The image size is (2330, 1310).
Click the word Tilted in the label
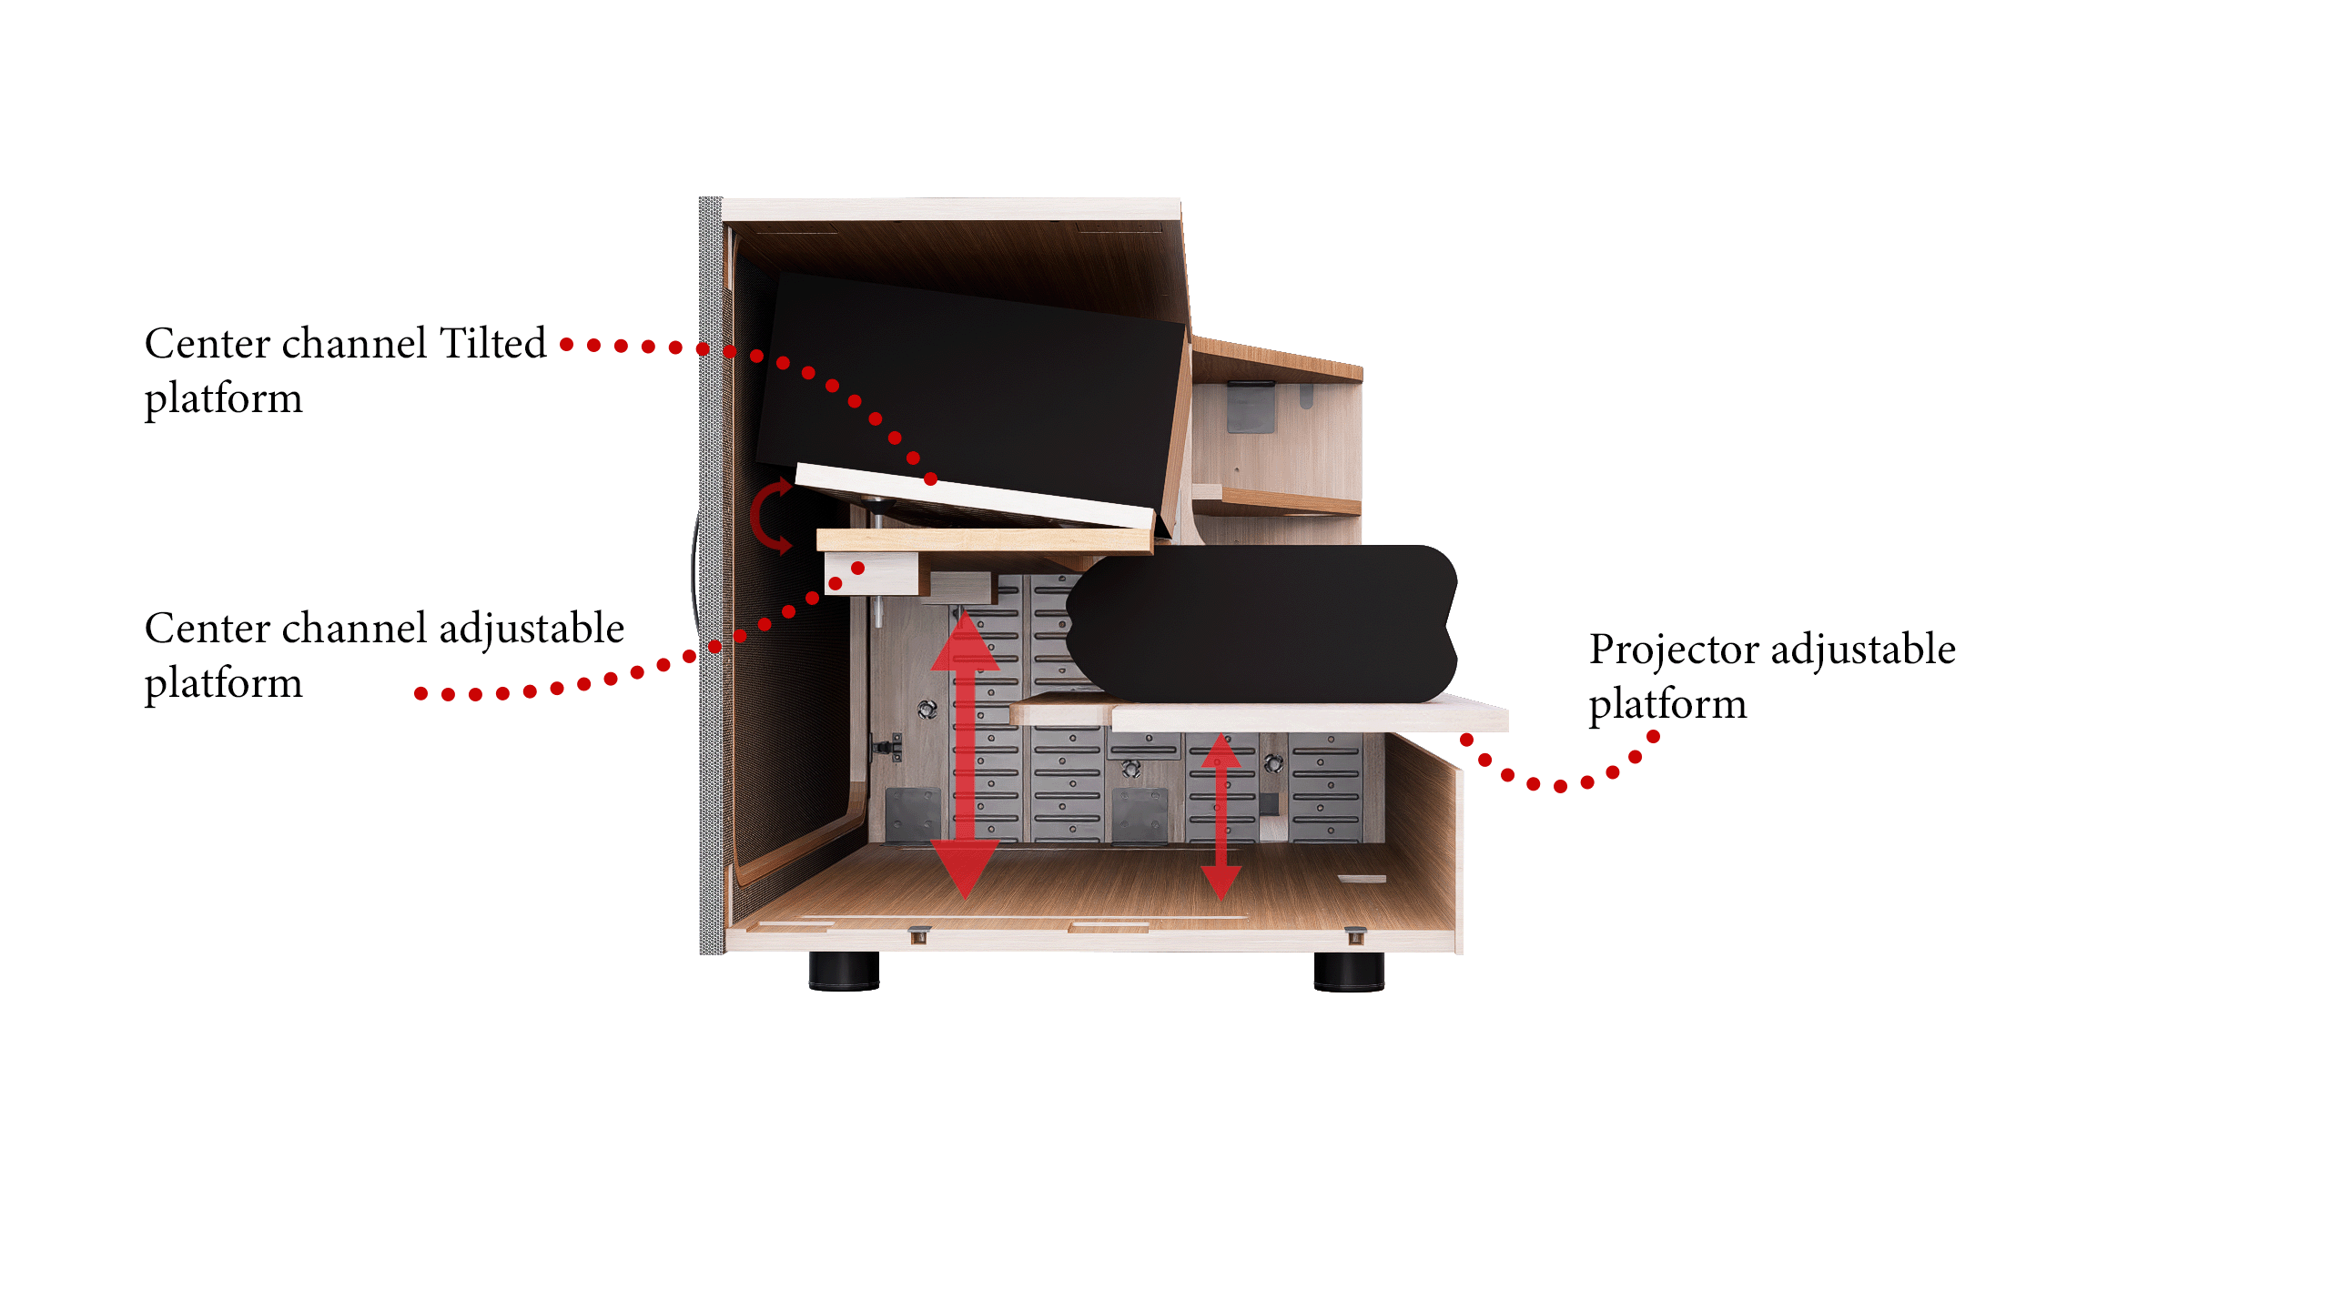coord(492,343)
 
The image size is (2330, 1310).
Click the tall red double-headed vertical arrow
coord(965,756)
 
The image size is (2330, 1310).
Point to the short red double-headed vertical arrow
coord(1221,816)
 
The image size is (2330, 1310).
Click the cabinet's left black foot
coord(844,971)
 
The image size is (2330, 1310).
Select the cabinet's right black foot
coord(1349,971)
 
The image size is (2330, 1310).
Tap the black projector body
coord(1261,624)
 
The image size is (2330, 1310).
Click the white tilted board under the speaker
coord(974,497)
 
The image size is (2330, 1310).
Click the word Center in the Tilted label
coord(208,344)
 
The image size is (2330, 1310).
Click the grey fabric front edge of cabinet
coord(711,576)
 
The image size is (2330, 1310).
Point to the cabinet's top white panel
coord(951,208)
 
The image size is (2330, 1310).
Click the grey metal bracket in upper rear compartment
coord(1251,407)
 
